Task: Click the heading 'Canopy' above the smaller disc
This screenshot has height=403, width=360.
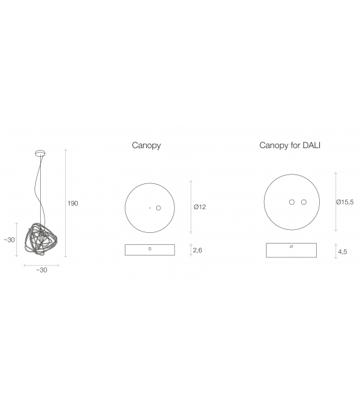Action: [x=146, y=146]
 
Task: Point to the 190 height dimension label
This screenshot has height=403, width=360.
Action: [x=73, y=203]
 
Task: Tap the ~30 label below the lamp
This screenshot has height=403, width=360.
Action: [x=41, y=270]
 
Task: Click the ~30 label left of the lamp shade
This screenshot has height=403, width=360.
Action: [x=9, y=240]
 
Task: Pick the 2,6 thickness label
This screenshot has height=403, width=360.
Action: [x=198, y=250]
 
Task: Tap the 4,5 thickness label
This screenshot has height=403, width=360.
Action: [x=343, y=252]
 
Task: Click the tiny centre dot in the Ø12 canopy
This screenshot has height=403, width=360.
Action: [x=149, y=208]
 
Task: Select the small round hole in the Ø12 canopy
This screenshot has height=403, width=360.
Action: [x=159, y=208]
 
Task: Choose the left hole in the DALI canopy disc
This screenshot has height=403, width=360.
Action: [x=292, y=202]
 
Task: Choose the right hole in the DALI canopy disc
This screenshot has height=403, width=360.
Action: [x=304, y=202]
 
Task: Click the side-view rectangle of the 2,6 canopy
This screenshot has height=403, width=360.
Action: [x=150, y=250]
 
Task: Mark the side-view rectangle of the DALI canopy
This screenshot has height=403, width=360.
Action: [x=292, y=250]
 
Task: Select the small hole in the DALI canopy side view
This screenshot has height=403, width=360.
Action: [x=292, y=247]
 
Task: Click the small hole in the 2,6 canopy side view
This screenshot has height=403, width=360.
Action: [x=149, y=249]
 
